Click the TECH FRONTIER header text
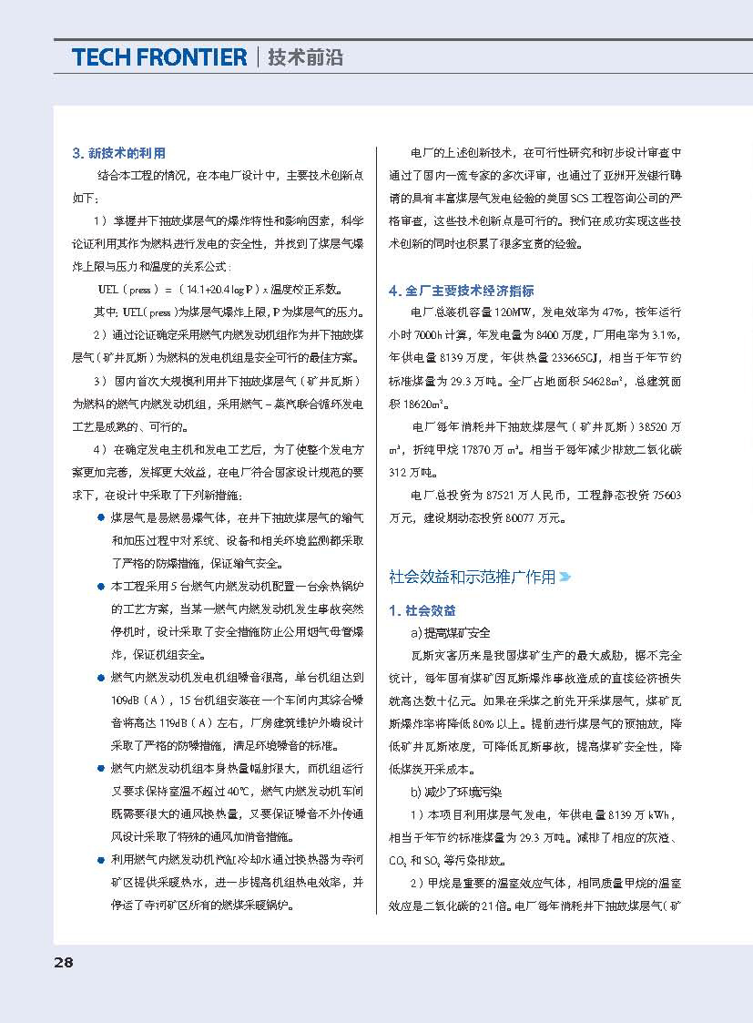[158, 57]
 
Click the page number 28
[63, 962]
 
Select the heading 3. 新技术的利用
[118, 152]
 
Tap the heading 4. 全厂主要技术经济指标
[461, 291]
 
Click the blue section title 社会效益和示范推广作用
[472, 577]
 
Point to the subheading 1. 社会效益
[422, 610]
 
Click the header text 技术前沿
[306, 57]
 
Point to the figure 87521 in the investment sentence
[505, 496]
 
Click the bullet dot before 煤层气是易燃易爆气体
[100, 518]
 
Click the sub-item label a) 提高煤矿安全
[450, 632]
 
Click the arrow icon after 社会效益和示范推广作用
[565, 578]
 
